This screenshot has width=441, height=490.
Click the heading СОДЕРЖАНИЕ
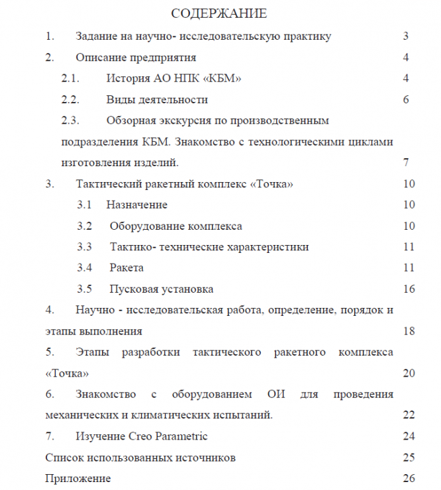(219, 13)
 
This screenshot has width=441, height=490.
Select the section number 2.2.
(70, 100)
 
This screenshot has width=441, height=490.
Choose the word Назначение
(136, 205)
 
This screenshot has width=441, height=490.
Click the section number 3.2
(84, 226)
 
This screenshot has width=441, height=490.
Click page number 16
(408, 289)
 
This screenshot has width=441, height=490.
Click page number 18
(408, 331)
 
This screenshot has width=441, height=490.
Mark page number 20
(408, 373)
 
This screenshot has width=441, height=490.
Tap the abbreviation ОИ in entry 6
(276, 395)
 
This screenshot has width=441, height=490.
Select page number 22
(408, 415)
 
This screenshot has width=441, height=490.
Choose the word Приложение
(77, 478)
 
